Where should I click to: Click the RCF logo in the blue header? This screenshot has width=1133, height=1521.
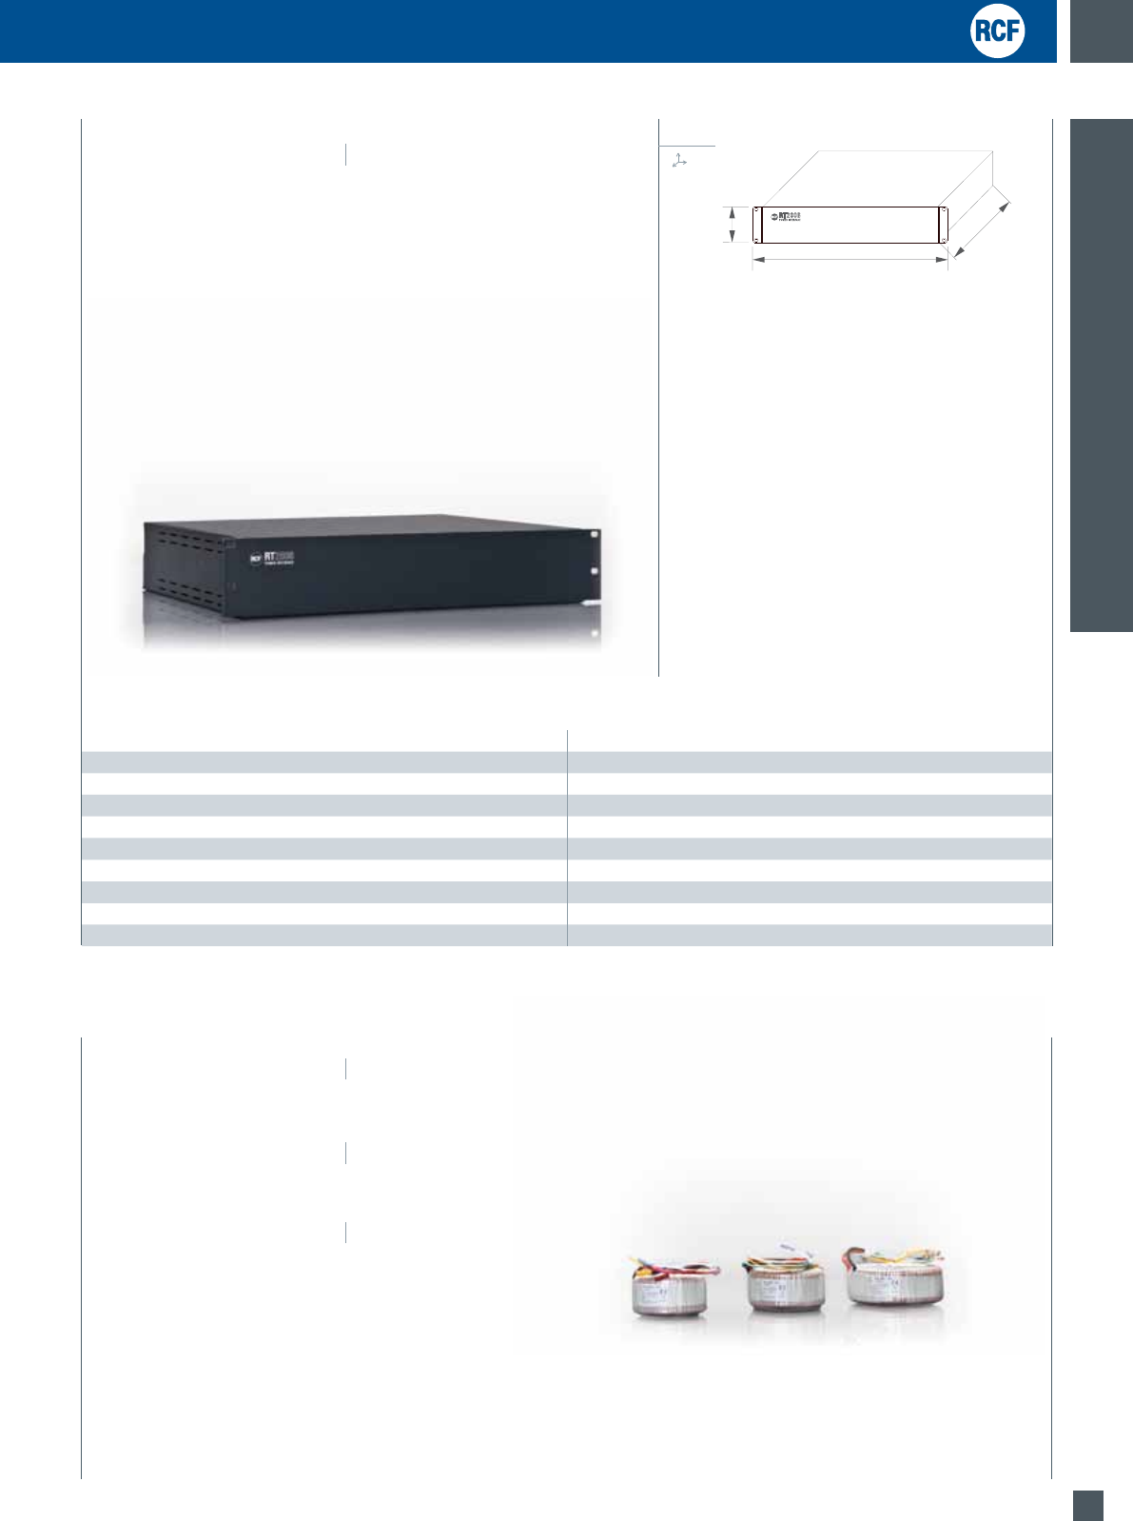pos(997,31)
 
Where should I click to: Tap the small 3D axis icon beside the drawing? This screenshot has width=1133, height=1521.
pos(679,162)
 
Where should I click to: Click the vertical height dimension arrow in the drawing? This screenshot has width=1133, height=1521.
pos(732,225)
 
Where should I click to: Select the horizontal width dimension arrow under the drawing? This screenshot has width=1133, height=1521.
pos(850,259)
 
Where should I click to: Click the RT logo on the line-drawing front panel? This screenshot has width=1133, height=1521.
pos(785,216)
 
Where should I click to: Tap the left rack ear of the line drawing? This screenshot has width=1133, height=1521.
pos(757,225)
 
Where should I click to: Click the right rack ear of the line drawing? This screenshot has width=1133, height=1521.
pos(944,225)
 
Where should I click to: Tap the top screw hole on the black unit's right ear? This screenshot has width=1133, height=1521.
pos(594,535)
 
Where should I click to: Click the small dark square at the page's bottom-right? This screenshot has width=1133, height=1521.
pos(1088,1505)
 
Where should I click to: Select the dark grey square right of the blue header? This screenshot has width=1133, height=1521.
pos(1102,30)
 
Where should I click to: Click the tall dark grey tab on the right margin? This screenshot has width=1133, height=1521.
pos(1102,375)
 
